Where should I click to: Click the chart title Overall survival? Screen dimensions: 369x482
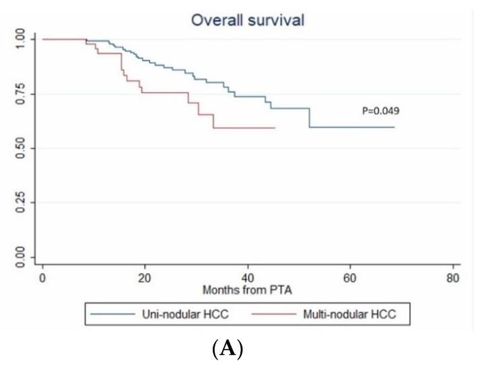click(247, 20)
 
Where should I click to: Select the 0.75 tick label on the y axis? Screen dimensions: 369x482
click(21, 93)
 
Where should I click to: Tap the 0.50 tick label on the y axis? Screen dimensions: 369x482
click(21, 148)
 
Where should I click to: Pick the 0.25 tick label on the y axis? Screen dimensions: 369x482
click(21, 202)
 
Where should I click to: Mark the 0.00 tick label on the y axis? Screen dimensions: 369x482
click(21, 257)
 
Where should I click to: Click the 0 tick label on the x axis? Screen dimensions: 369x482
click(42, 278)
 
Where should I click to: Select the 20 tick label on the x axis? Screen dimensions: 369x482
click(145, 278)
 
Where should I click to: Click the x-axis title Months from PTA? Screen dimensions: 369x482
click(248, 290)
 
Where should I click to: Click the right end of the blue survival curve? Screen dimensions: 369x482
click(394, 127)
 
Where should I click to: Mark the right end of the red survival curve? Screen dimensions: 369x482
click(275, 128)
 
